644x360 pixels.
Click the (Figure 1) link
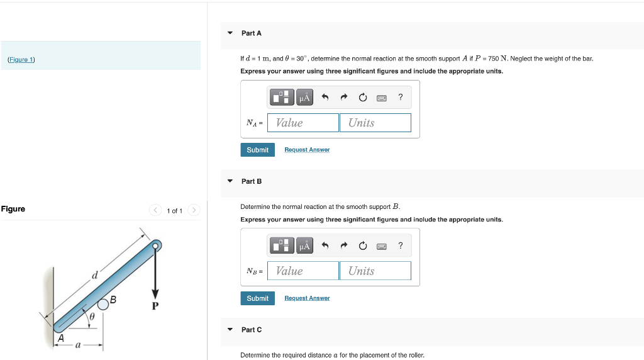(21, 60)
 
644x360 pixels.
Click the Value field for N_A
(303, 123)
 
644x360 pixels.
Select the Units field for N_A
(375, 123)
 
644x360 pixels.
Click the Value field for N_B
(303, 271)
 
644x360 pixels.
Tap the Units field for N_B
(375, 271)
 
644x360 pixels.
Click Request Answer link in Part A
(307, 150)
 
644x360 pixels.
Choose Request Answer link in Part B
(307, 298)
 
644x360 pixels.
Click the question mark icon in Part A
(401, 97)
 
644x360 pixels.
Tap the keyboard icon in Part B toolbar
(382, 246)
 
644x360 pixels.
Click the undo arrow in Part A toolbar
(325, 98)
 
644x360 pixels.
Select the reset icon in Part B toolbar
(363, 246)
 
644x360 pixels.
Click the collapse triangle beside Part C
(230, 329)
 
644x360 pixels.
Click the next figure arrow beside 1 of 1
(194, 210)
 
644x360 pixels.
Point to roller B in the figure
(104, 305)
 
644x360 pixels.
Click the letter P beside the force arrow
(155, 307)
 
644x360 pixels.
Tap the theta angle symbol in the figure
(91, 317)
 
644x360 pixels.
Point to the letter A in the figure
(60, 339)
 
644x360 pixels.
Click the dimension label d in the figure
(95, 275)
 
